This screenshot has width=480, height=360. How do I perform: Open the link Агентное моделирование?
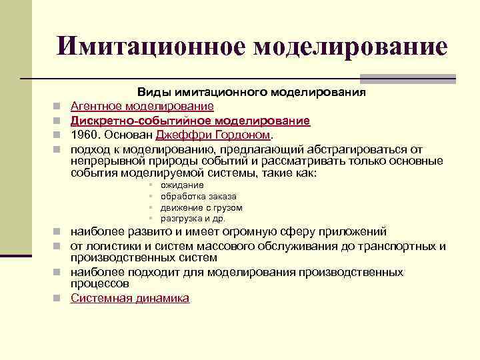click(142, 106)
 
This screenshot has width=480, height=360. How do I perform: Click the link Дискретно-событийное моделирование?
click(190, 121)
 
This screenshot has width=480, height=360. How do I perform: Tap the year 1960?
click(85, 134)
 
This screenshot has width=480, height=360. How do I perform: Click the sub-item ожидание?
click(182, 185)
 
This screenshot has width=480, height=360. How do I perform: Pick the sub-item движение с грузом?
click(201, 207)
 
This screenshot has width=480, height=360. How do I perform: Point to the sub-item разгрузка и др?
click(193, 218)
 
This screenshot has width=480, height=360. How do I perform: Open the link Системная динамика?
click(130, 298)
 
